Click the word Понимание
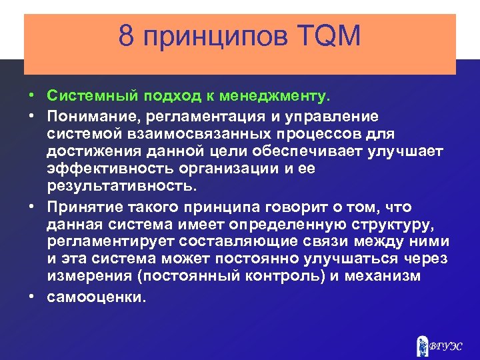[x=90, y=117]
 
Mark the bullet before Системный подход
[x=31, y=97]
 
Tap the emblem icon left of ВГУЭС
[x=421, y=345]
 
